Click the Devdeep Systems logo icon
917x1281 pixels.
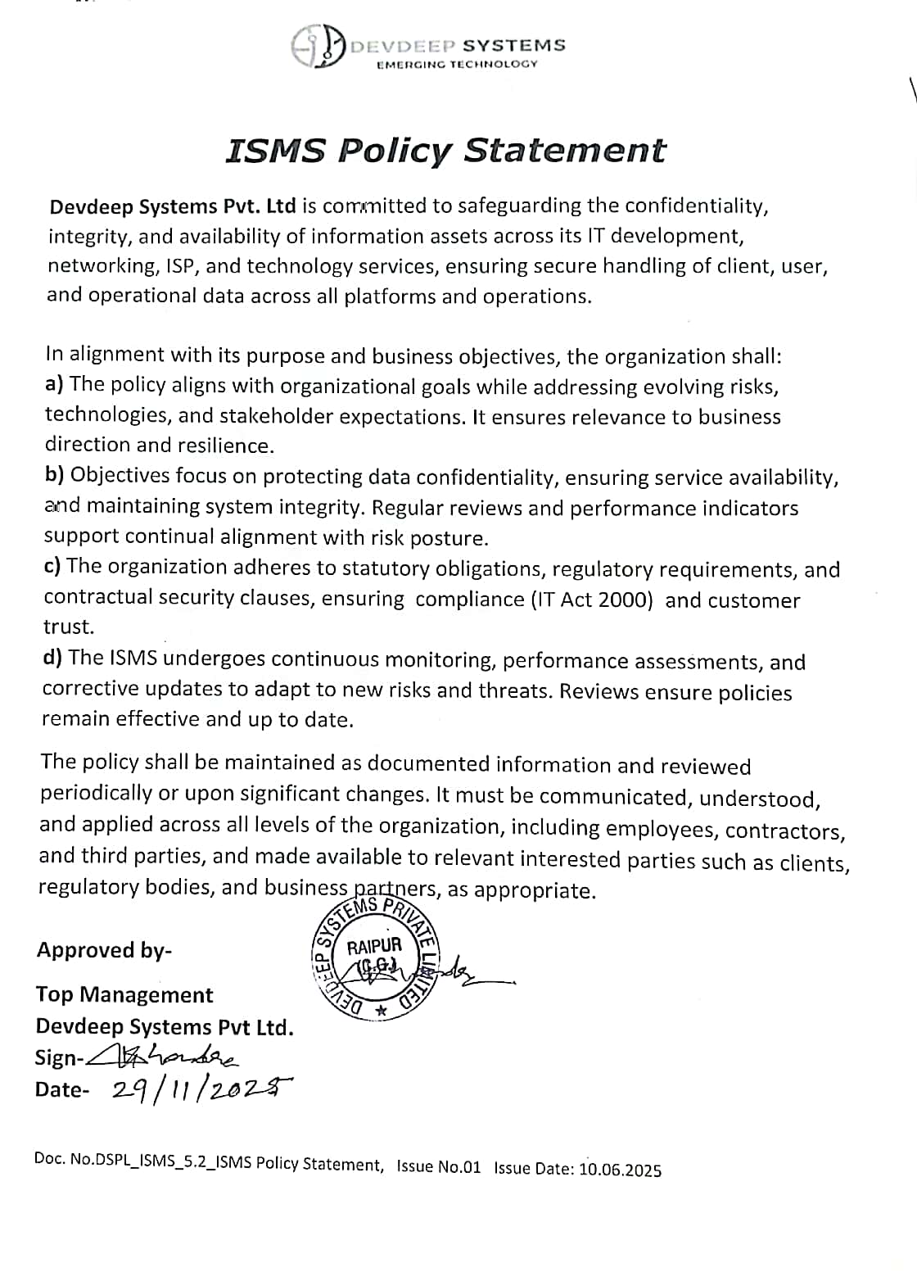click(317, 47)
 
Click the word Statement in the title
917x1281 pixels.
click(565, 151)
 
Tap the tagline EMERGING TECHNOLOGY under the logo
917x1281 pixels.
click(456, 64)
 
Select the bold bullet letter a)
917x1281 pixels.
click(55, 384)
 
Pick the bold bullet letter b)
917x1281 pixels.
click(55, 475)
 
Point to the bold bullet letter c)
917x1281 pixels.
click(53, 566)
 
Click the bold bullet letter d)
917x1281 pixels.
click(53, 657)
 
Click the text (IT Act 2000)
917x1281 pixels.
click(594, 600)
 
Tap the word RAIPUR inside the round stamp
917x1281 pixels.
click(374, 947)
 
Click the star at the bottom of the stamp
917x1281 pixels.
click(379, 1012)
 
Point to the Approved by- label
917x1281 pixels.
click(104, 950)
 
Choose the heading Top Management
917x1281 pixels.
click(124, 994)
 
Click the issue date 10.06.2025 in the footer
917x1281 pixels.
click(620, 1169)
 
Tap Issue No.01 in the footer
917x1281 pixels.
click(438, 1166)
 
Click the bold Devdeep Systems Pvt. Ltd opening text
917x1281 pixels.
click(173, 206)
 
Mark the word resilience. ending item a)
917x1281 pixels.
click(224, 446)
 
